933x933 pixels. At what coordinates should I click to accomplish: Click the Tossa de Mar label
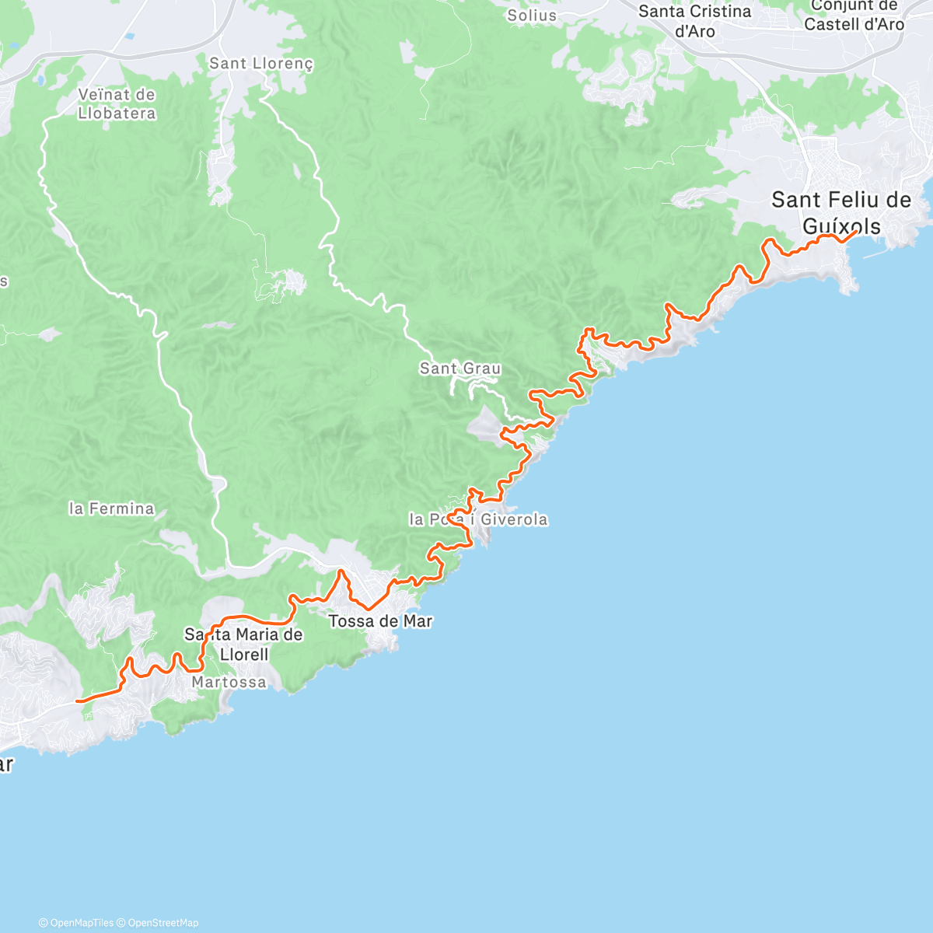[x=380, y=621]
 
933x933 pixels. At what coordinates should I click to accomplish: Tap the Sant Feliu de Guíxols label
[x=841, y=213]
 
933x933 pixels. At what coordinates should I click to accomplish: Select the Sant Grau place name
[x=460, y=369]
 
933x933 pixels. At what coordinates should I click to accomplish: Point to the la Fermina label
[x=111, y=509]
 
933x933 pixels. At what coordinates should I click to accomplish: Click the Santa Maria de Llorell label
[x=243, y=645]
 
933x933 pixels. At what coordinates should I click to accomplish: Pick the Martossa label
[x=229, y=683]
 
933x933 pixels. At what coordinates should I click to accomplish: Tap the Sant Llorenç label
[x=261, y=64]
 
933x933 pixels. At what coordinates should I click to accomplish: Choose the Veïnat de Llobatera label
[x=117, y=104]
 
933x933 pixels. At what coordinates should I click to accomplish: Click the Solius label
[x=532, y=15]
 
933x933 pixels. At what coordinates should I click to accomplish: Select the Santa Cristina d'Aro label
[x=694, y=21]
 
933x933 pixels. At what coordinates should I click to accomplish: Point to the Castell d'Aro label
[x=854, y=24]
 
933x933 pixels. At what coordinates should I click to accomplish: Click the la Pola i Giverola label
[x=478, y=519]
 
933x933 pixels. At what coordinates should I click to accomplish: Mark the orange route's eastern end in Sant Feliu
[x=857, y=231]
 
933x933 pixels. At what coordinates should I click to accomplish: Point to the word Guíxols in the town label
[x=841, y=227]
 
